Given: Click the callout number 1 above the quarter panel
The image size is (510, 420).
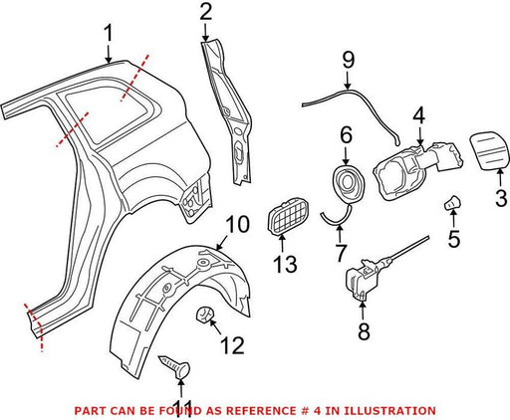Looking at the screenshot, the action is [x=109, y=35].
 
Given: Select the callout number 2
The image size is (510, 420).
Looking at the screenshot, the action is [x=206, y=12].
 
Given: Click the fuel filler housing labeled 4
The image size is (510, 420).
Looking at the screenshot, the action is [x=417, y=170].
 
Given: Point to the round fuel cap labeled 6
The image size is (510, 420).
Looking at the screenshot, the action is [x=349, y=183].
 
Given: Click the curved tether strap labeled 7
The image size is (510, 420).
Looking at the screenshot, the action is [x=336, y=219].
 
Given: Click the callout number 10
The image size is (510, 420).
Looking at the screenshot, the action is [x=237, y=225].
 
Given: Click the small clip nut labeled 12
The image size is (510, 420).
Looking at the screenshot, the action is [x=204, y=314].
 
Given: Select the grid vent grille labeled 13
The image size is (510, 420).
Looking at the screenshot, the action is [x=288, y=215].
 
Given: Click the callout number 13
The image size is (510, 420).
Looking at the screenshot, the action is [x=285, y=264].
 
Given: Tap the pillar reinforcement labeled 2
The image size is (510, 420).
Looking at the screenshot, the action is [x=227, y=111].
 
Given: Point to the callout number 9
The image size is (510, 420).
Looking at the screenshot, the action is [x=349, y=61].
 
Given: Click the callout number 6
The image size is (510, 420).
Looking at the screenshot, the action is [x=346, y=135].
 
